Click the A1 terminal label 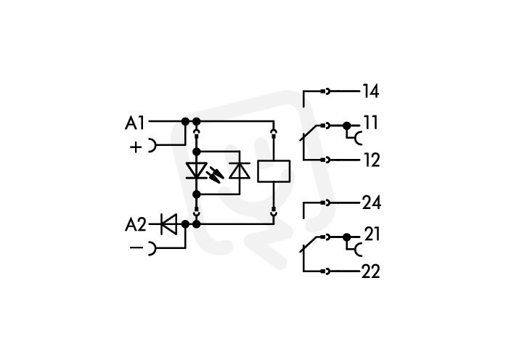click(x=134, y=123)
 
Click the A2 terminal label click(x=136, y=224)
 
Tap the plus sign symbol click(x=136, y=147)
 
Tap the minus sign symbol click(x=136, y=247)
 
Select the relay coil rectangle click(x=274, y=171)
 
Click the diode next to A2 click(x=168, y=224)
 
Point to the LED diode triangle click(x=196, y=171)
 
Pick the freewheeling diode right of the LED click(x=240, y=171)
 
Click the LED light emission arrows click(x=215, y=174)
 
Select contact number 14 click(x=371, y=91)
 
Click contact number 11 click(x=371, y=123)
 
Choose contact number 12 click(x=372, y=160)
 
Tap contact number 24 click(x=372, y=203)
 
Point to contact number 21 click(x=372, y=234)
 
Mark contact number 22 click(x=370, y=271)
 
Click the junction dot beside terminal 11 click(x=346, y=126)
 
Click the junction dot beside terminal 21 click(x=346, y=237)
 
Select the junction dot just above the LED click(x=196, y=151)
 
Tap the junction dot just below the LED click(x=196, y=195)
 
